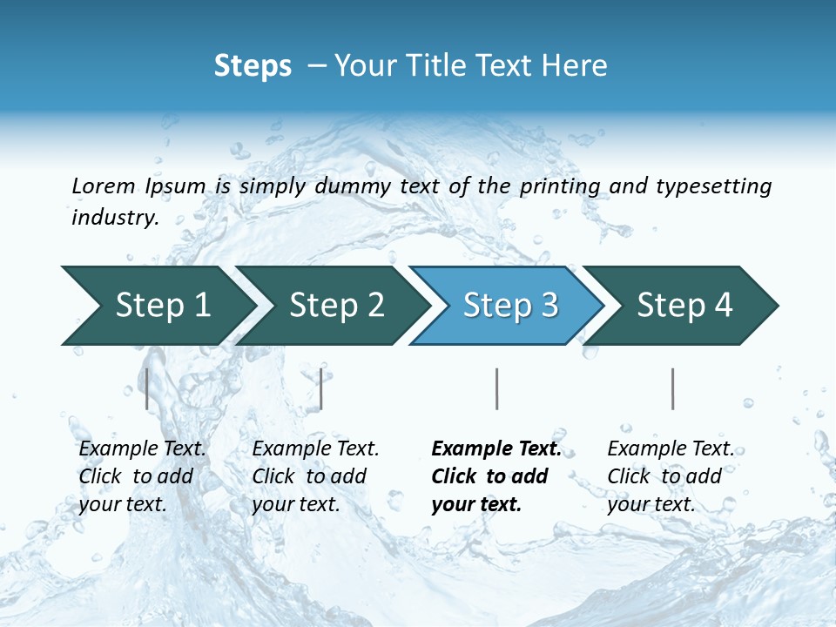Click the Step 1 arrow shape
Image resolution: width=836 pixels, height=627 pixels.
click(x=157, y=306)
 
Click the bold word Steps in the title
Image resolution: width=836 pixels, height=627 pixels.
click(x=253, y=66)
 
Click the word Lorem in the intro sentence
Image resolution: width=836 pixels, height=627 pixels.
click(x=104, y=185)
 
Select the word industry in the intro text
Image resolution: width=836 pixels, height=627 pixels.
click(x=115, y=217)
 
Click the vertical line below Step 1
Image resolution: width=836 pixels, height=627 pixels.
click(x=147, y=388)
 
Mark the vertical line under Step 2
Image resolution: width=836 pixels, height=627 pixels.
click(x=321, y=388)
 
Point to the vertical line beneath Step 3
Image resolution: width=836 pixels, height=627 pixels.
click(x=496, y=388)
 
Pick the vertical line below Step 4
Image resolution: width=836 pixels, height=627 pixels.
click(x=672, y=388)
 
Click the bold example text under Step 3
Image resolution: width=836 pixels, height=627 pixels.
click(x=495, y=476)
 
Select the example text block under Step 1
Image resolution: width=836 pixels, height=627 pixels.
click(x=142, y=476)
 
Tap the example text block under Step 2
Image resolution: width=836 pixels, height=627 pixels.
click(x=315, y=476)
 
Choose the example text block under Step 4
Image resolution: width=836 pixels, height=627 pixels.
click(x=670, y=476)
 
